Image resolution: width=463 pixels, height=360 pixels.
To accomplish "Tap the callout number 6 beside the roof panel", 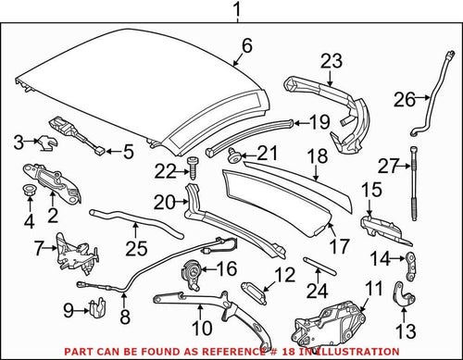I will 246,45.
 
